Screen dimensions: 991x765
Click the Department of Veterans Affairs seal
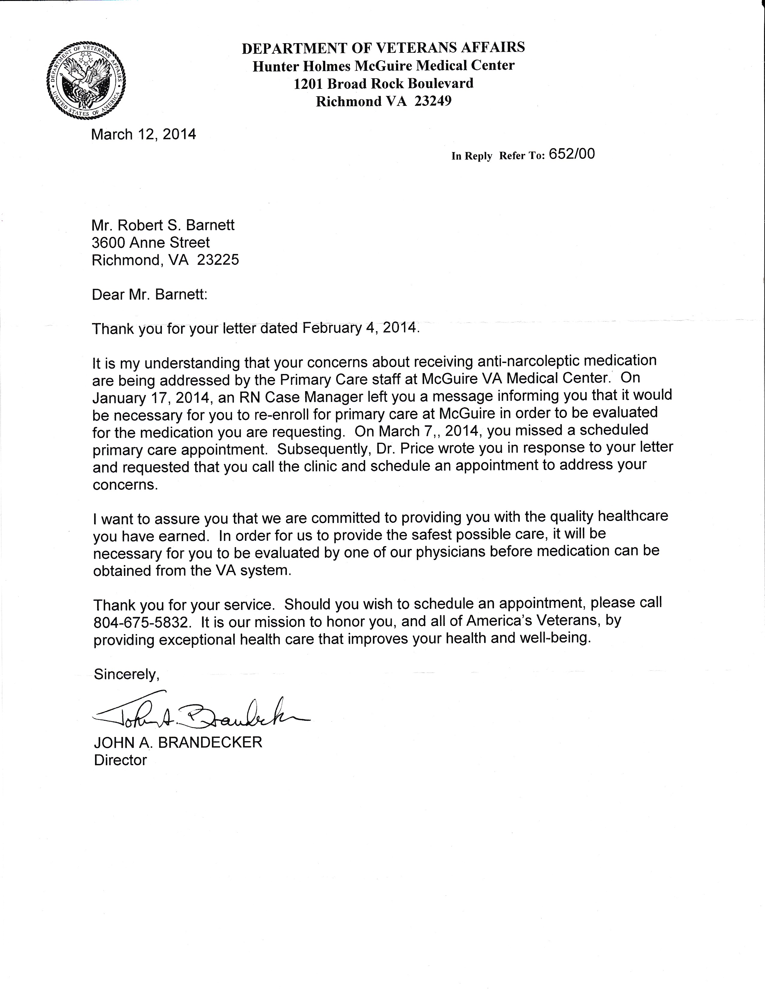pos(86,81)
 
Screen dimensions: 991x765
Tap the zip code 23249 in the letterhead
pos(433,101)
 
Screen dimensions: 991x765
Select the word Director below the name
pos(120,760)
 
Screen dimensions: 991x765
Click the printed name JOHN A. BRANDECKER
pos(178,742)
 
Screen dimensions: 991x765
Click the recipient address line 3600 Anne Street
pos(150,243)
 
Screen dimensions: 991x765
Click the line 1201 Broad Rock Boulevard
pos(383,83)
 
